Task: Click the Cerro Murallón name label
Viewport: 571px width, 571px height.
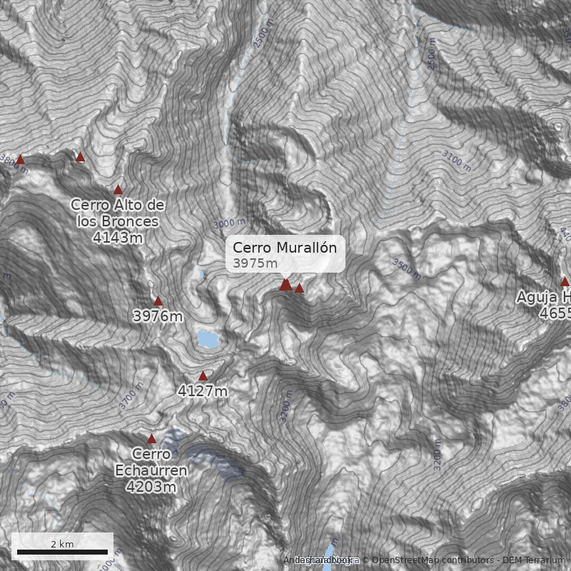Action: pos(284,248)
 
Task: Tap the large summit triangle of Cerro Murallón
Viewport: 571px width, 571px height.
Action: pos(285,285)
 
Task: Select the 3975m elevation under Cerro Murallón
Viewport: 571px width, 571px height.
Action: pos(255,263)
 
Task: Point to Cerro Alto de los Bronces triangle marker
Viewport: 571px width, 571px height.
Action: pos(118,190)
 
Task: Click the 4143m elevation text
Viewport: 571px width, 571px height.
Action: pos(117,237)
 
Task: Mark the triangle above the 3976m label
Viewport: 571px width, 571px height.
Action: pos(158,301)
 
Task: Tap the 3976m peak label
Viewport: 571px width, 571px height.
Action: pos(158,315)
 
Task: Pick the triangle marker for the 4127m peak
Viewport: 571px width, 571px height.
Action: pos(203,376)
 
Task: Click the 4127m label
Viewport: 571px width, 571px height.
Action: pos(203,391)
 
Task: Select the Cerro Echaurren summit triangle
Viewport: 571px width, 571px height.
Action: pos(151,439)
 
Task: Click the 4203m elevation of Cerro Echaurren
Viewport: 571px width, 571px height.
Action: pos(151,487)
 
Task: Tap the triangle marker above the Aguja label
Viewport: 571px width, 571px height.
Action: pos(565,281)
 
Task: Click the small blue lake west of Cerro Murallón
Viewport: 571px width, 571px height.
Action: pos(209,339)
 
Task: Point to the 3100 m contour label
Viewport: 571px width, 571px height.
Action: pos(457,161)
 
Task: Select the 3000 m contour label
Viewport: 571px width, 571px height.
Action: pos(229,223)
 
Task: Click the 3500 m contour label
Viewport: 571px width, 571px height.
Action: pos(406,267)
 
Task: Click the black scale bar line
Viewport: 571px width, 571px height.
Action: pos(62,552)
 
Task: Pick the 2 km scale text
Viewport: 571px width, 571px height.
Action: pos(62,544)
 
